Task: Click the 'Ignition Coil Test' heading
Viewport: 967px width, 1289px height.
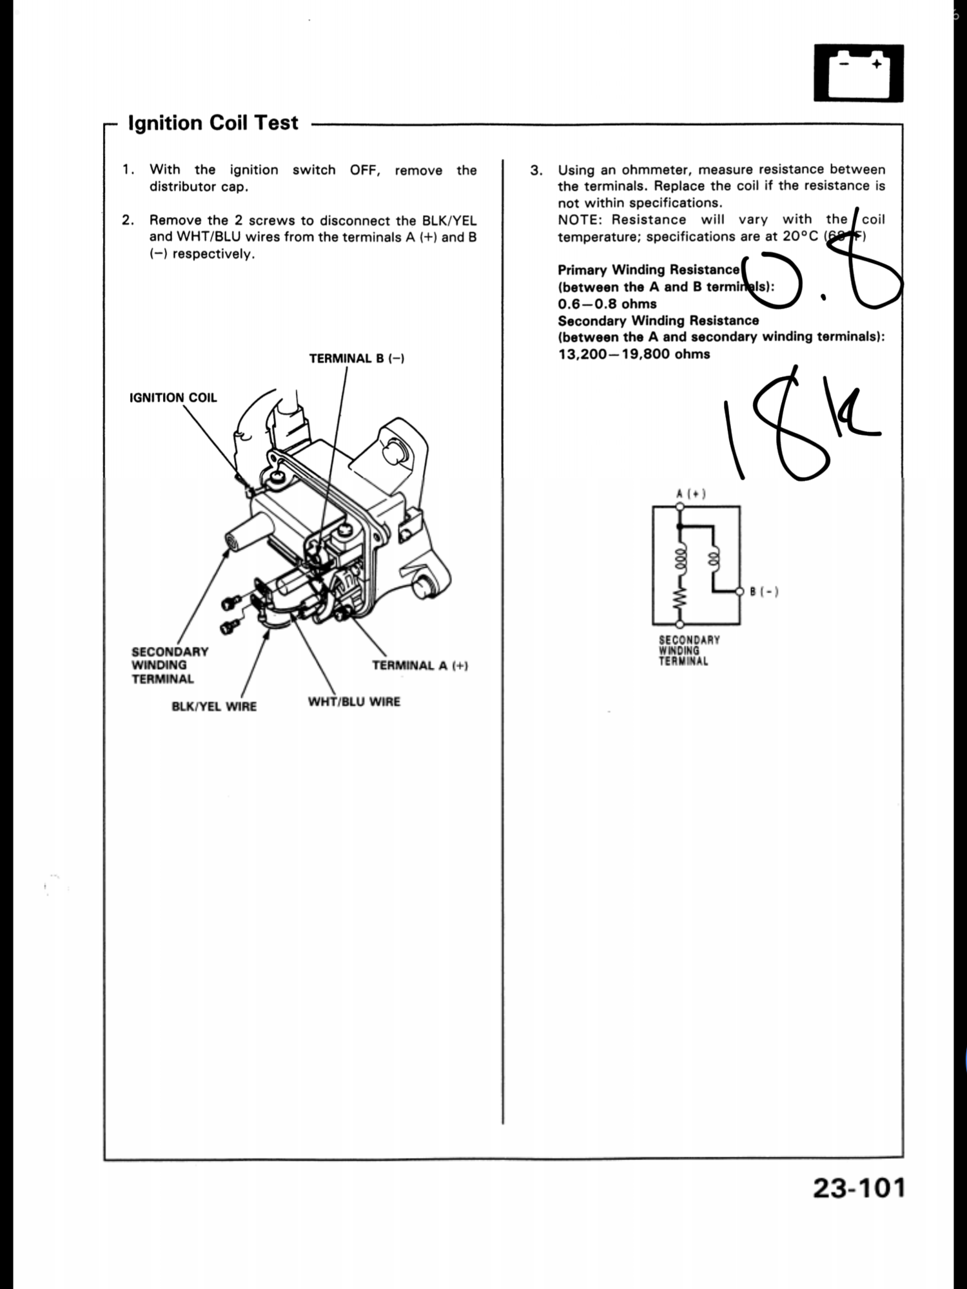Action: [x=213, y=122]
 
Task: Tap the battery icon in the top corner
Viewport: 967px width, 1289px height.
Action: [x=858, y=73]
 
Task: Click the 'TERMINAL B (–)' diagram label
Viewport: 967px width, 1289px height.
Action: [x=357, y=358]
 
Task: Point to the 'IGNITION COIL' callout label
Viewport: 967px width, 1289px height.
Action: [x=173, y=398]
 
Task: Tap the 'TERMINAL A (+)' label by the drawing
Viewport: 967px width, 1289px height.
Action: [x=419, y=666]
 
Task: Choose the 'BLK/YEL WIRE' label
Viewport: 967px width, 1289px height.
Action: [x=214, y=706]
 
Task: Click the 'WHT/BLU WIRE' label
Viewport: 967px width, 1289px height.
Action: [x=354, y=701]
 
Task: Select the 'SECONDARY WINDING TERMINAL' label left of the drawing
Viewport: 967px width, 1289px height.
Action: [x=170, y=665]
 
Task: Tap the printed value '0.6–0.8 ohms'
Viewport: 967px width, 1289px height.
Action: [x=607, y=304]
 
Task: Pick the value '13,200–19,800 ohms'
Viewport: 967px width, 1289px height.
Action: [x=634, y=354]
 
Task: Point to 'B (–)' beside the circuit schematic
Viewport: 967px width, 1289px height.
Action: [x=764, y=592]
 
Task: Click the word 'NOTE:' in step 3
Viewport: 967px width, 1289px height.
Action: [x=581, y=220]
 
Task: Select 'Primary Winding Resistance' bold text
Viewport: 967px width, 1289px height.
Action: [x=648, y=269]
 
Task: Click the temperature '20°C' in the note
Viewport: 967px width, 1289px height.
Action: [x=800, y=237]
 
